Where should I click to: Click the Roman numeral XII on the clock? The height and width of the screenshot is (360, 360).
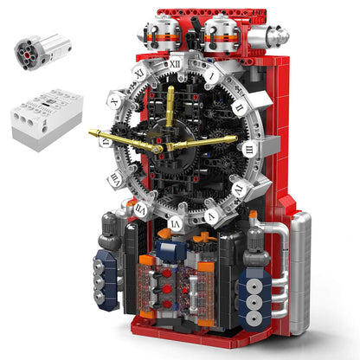click(175, 63)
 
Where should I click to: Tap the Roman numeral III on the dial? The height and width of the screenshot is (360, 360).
click(249, 148)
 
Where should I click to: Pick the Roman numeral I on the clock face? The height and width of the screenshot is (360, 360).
click(210, 74)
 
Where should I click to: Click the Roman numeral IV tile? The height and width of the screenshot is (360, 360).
click(238, 188)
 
